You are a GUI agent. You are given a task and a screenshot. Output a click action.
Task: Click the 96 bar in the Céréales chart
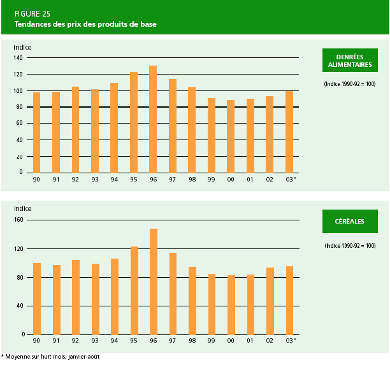tap(153, 281)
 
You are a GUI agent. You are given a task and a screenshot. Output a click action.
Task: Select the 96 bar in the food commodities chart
tap(153, 119)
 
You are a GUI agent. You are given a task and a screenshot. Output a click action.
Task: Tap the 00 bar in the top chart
tap(231, 136)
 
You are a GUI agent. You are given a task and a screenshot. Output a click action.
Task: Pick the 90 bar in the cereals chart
tap(36, 298)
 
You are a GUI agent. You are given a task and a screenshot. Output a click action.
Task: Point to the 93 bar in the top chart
tap(95, 131)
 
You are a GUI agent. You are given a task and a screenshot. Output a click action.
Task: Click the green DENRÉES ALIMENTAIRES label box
tap(349, 61)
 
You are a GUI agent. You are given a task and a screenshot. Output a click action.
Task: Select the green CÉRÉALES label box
tap(349, 221)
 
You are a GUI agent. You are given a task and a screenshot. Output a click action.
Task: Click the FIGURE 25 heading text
tap(31, 13)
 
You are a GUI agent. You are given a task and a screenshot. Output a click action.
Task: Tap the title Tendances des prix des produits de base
tap(86, 24)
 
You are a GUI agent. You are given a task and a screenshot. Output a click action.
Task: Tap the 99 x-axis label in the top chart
tap(212, 179)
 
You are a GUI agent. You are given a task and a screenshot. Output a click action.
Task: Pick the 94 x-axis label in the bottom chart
tap(114, 341)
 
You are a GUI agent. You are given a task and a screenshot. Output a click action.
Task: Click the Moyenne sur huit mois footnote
tap(51, 357)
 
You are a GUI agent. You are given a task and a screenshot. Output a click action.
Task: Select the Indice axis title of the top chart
tap(22, 47)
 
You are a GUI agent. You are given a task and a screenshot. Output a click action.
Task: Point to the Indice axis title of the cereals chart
tap(22, 208)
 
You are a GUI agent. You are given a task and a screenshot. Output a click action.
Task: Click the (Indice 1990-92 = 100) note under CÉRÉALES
tap(349, 246)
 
